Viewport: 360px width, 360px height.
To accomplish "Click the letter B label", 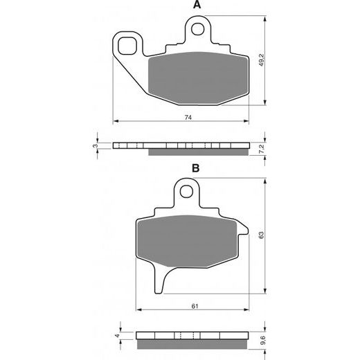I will (x=196, y=168).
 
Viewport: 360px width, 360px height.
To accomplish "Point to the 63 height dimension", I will (x=262, y=235).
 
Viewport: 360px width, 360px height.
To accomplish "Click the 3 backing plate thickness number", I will (x=96, y=146).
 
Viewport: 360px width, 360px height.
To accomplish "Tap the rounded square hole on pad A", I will (x=127, y=46).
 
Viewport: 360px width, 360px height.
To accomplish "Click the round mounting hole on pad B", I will (x=186, y=190).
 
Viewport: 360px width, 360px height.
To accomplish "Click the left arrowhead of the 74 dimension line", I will (x=115, y=121).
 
